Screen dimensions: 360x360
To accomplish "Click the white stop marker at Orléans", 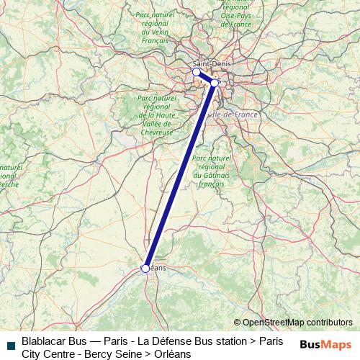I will point(145,268).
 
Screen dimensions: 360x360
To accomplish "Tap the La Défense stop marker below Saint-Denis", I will point(196,72).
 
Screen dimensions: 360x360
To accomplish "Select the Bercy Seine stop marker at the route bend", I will point(215,83).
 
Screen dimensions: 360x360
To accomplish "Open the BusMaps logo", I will point(325,344).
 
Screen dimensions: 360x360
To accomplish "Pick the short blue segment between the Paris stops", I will point(205,77).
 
